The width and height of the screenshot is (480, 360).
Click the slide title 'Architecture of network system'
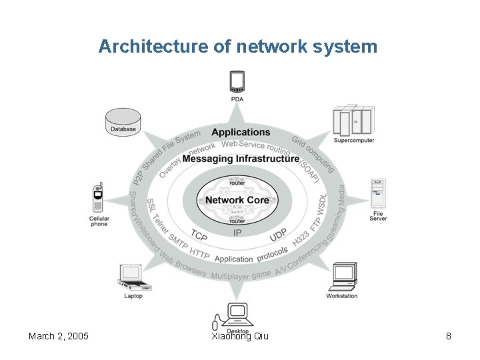tap(238, 47)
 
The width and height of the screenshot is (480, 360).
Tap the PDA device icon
tap(237, 82)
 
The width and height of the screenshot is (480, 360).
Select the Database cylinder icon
tap(123, 120)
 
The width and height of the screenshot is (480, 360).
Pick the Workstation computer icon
tap(343, 276)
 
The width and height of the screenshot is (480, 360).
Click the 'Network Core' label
tap(237, 200)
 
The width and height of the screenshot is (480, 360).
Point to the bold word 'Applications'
tap(241, 133)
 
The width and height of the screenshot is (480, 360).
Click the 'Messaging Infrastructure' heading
tap(241, 159)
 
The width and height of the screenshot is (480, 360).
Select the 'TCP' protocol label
tap(199, 236)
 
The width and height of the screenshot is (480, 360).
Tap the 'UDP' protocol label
tap(278, 235)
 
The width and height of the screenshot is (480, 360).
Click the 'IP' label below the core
tap(238, 233)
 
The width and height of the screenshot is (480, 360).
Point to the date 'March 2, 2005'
tap(59, 336)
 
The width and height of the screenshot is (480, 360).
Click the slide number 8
tap(449, 336)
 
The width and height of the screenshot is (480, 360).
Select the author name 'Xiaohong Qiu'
tap(239, 336)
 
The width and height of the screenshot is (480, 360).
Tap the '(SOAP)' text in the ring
tap(307, 170)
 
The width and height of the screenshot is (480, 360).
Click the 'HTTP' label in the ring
tap(199, 253)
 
